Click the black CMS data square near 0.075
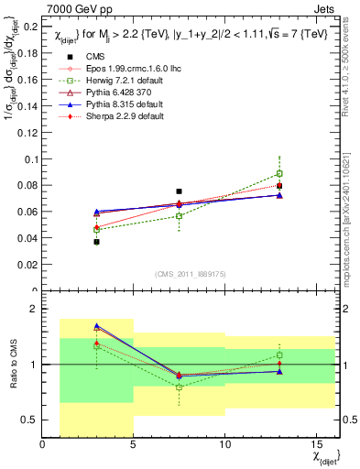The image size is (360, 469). click(180, 191)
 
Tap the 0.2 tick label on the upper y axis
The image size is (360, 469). click(29, 27)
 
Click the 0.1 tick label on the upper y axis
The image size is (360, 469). click(29, 159)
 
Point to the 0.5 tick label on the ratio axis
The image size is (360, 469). click(29, 420)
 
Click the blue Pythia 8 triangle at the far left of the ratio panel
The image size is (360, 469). click(97, 326)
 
